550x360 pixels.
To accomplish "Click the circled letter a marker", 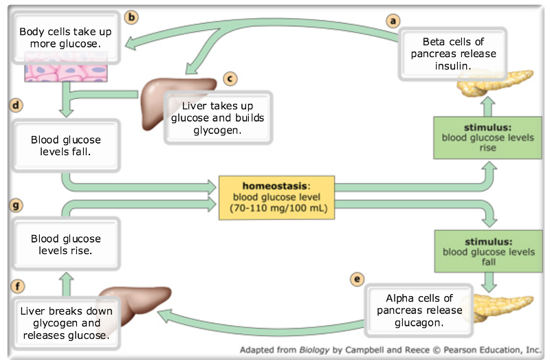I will coord(393,21).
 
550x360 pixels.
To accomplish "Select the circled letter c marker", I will coord(231,79).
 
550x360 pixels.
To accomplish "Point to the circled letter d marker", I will coord(14,106).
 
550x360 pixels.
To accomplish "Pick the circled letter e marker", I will coord(356,279).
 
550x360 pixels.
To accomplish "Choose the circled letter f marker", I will coord(14,284).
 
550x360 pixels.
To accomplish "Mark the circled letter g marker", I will coord(14,205).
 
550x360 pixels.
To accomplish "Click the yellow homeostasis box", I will coord(276,197).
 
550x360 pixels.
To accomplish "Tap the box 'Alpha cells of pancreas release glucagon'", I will coord(419,310).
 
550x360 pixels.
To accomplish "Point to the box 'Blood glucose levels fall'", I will coord(65,145).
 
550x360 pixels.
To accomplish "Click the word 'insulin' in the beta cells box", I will coord(454,67).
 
